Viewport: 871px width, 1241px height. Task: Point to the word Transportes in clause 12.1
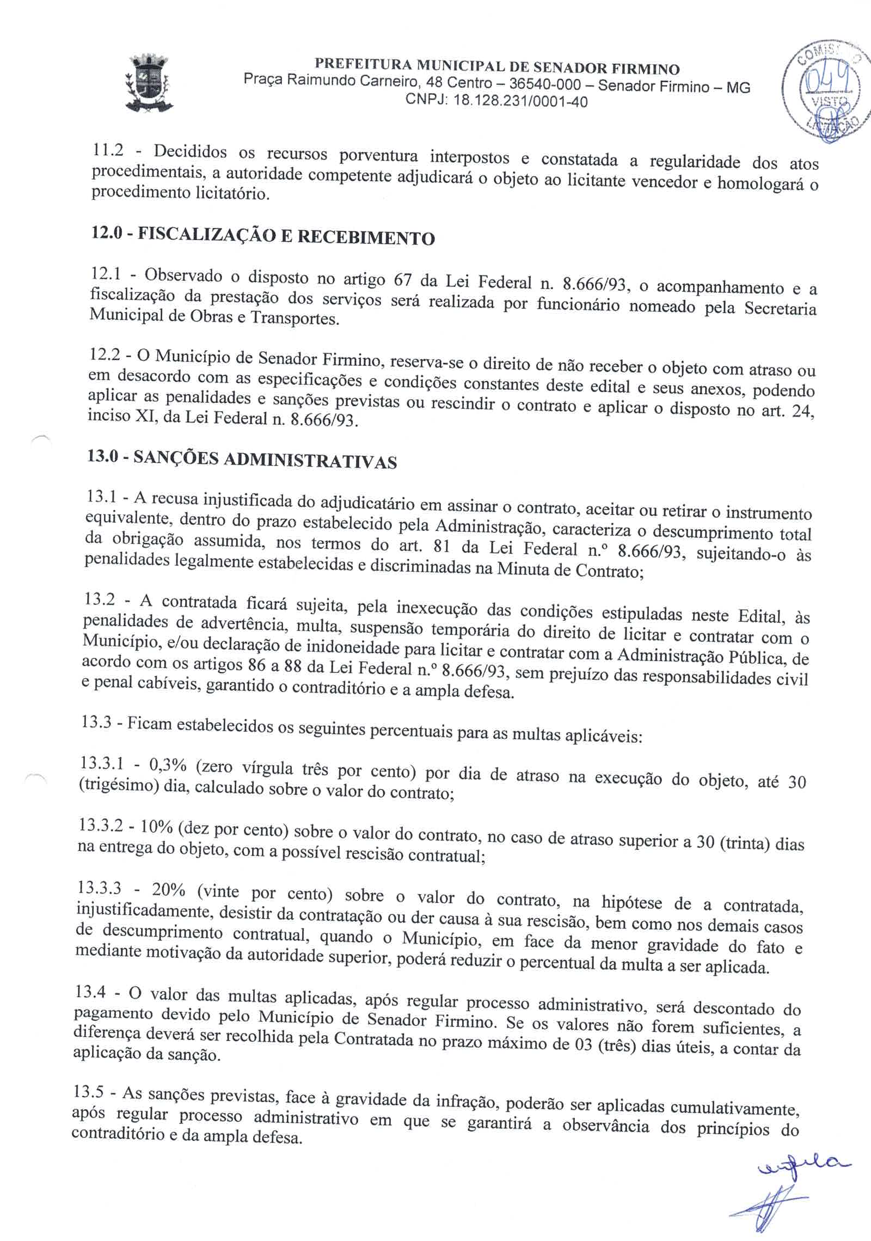[x=294, y=318]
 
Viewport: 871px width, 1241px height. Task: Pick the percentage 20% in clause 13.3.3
[x=169, y=890]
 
